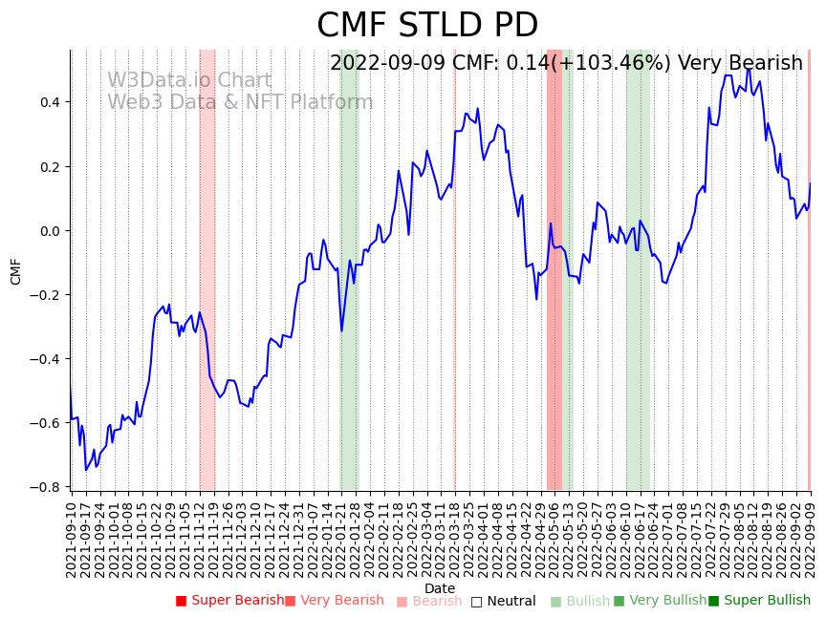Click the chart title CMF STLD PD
tap(427, 26)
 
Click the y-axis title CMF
tap(16, 271)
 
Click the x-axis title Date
tap(440, 588)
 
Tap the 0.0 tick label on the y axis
tap(49, 231)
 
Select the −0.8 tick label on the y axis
tap(46, 487)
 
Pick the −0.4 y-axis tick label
tap(46, 359)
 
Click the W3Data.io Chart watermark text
tap(189, 81)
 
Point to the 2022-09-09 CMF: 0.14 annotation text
tap(566, 64)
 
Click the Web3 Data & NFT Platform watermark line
tap(240, 103)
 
